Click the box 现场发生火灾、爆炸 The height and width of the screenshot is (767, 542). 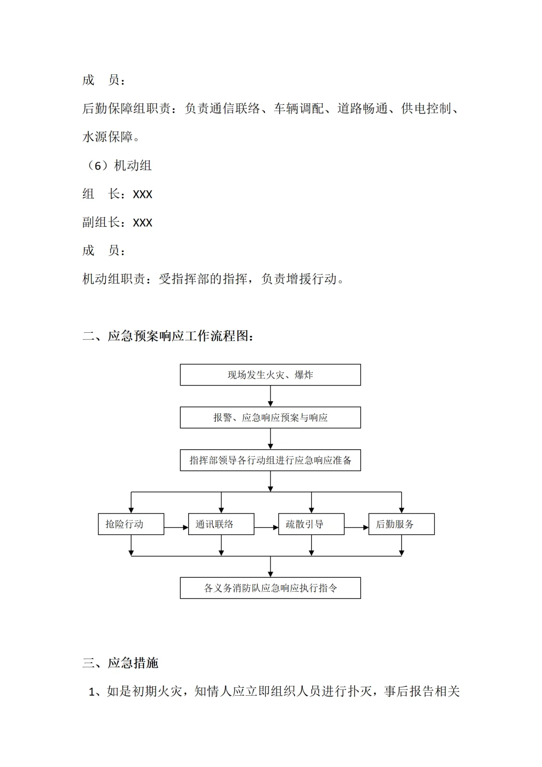tap(270, 375)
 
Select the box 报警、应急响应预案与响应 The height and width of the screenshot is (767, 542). tap(270, 418)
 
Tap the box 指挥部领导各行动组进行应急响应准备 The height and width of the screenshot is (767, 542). tap(270, 460)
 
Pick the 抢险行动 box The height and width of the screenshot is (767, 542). tap(131, 524)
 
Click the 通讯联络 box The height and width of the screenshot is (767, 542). tap(221, 524)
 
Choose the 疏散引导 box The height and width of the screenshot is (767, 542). tap(311, 524)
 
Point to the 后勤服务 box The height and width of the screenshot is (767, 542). tap(401, 524)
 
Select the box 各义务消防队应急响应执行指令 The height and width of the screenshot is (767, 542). tap(270, 588)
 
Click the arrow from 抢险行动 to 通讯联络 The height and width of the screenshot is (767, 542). tap(176, 528)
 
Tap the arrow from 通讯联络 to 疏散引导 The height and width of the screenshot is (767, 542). tap(266, 528)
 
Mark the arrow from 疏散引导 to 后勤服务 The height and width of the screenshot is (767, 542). tap(356, 528)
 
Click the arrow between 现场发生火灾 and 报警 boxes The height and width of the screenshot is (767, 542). tap(270, 396)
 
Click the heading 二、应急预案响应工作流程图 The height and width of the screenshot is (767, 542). tap(168, 336)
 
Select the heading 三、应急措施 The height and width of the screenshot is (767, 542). tap(120, 663)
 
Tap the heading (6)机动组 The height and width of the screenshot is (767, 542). tap(117, 166)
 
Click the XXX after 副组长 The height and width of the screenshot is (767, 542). tap(143, 223)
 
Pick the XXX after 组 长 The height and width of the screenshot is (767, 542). tap(143, 194)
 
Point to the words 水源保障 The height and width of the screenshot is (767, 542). tap(108, 137)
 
